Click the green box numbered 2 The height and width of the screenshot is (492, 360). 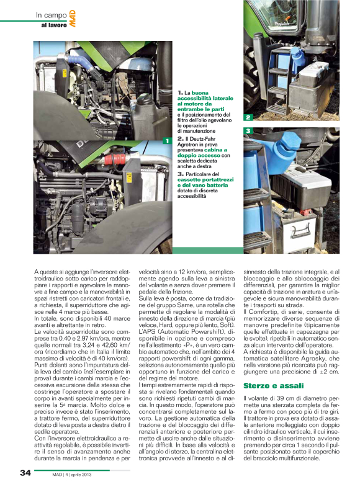[x=248, y=117]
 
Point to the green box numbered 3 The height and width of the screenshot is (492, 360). [x=248, y=131]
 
